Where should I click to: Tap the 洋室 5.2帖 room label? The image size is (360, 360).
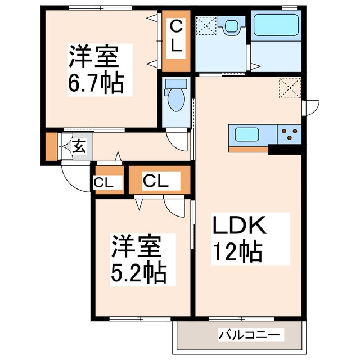point(138,258)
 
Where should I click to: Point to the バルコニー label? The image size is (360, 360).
point(248,336)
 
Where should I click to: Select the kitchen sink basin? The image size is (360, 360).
point(246,135)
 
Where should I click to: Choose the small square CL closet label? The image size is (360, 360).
point(108,182)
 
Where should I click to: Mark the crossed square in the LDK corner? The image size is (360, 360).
point(290,89)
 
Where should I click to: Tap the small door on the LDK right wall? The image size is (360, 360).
point(310,107)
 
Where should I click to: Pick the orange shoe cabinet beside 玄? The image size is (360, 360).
point(51,147)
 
